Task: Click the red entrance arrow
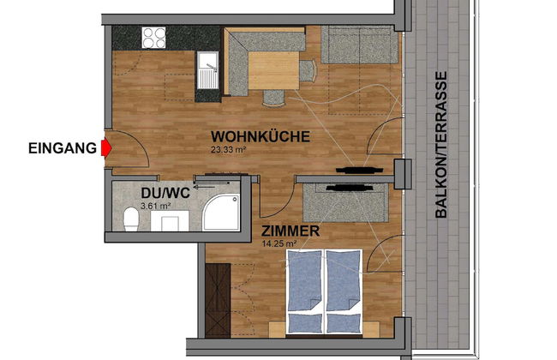click(x=106, y=147)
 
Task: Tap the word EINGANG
click(x=63, y=148)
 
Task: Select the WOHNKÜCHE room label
click(x=261, y=137)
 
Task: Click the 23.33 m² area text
click(x=229, y=150)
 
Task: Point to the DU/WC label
click(x=165, y=193)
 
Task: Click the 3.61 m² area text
click(x=156, y=206)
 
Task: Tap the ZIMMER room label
click(x=290, y=231)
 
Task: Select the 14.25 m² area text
click(x=278, y=243)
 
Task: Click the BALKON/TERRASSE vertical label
click(x=440, y=145)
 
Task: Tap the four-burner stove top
click(x=153, y=38)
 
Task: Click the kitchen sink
click(x=208, y=70)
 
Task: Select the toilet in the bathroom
click(x=131, y=219)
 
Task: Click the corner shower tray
click(x=221, y=213)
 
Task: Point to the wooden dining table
click(x=273, y=70)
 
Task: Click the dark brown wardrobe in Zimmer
click(x=218, y=300)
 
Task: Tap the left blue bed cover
click(x=304, y=281)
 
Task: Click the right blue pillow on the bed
click(x=344, y=323)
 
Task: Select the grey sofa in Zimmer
click(x=345, y=202)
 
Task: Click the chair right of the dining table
click(x=308, y=71)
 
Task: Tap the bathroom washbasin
click(x=170, y=220)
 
